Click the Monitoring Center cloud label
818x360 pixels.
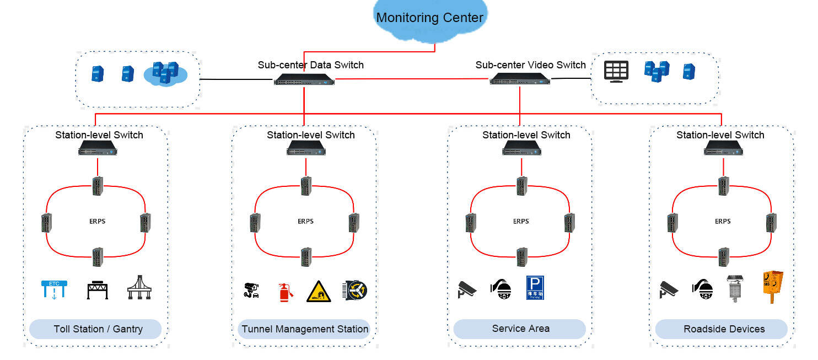[429, 18]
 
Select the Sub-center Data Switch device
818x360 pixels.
[304, 79]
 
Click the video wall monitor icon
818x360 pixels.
[616, 72]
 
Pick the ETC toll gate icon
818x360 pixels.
[54, 289]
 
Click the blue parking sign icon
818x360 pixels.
[535, 288]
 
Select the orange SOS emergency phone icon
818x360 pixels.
[772, 286]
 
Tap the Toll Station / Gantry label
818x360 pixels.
[98, 329]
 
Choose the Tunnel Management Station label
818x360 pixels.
[305, 329]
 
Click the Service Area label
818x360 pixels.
[520, 329]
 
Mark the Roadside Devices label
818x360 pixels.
[724, 329]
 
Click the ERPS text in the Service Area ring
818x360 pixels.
[521, 221]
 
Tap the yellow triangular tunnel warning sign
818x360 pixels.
[319, 291]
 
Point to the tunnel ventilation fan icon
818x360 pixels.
[354, 290]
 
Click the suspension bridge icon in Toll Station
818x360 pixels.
[139, 288]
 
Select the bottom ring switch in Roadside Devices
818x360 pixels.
[723, 256]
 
